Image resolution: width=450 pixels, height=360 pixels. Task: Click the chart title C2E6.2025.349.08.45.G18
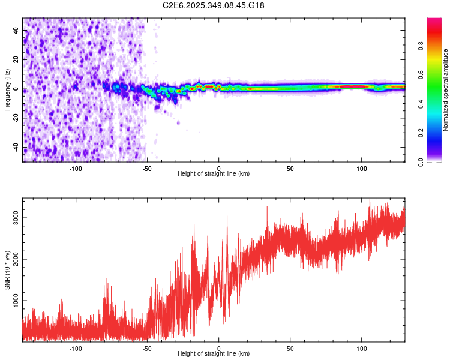tap(214, 5)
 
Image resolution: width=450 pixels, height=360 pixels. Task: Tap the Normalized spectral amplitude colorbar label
tap(445, 90)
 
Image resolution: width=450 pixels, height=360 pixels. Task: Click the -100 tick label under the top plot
tap(76, 169)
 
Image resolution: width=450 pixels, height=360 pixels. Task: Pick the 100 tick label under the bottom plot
tap(362, 348)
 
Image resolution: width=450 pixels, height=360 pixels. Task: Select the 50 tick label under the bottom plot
tap(290, 348)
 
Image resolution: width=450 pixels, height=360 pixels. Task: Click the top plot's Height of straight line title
tap(214, 174)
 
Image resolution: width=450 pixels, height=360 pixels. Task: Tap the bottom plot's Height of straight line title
tap(214, 354)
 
